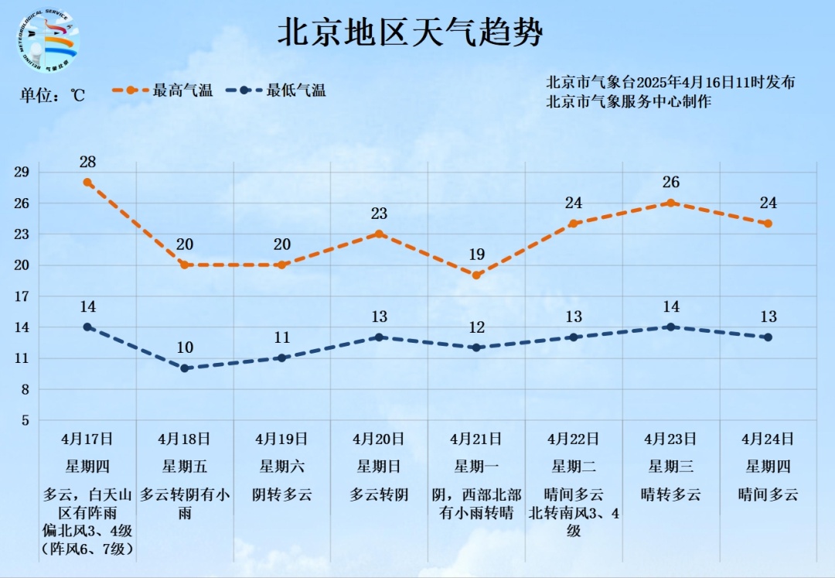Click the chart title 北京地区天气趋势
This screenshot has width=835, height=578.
[411, 33]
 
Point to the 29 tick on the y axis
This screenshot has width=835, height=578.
[21, 172]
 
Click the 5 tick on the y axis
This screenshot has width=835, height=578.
[24, 420]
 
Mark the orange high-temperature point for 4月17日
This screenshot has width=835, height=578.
[88, 183]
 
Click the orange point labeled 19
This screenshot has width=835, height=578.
[477, 275]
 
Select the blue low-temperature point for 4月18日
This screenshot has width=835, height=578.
[185, 368]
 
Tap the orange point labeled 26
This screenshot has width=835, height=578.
[671, 203]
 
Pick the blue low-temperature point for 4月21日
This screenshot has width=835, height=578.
[477, 347]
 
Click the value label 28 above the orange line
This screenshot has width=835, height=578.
[88, 162]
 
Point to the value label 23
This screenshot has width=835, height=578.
[379, 214]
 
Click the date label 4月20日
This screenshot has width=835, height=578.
[379, 439]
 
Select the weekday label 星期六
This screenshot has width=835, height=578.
[282, 466]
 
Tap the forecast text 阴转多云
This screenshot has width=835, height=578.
[282, 494]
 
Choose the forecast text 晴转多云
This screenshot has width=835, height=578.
[671, 494]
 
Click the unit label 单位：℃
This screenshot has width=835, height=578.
[52, 95]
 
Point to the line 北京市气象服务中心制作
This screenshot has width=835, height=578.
[629, 101]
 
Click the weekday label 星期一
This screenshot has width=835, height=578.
[477, 466]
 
